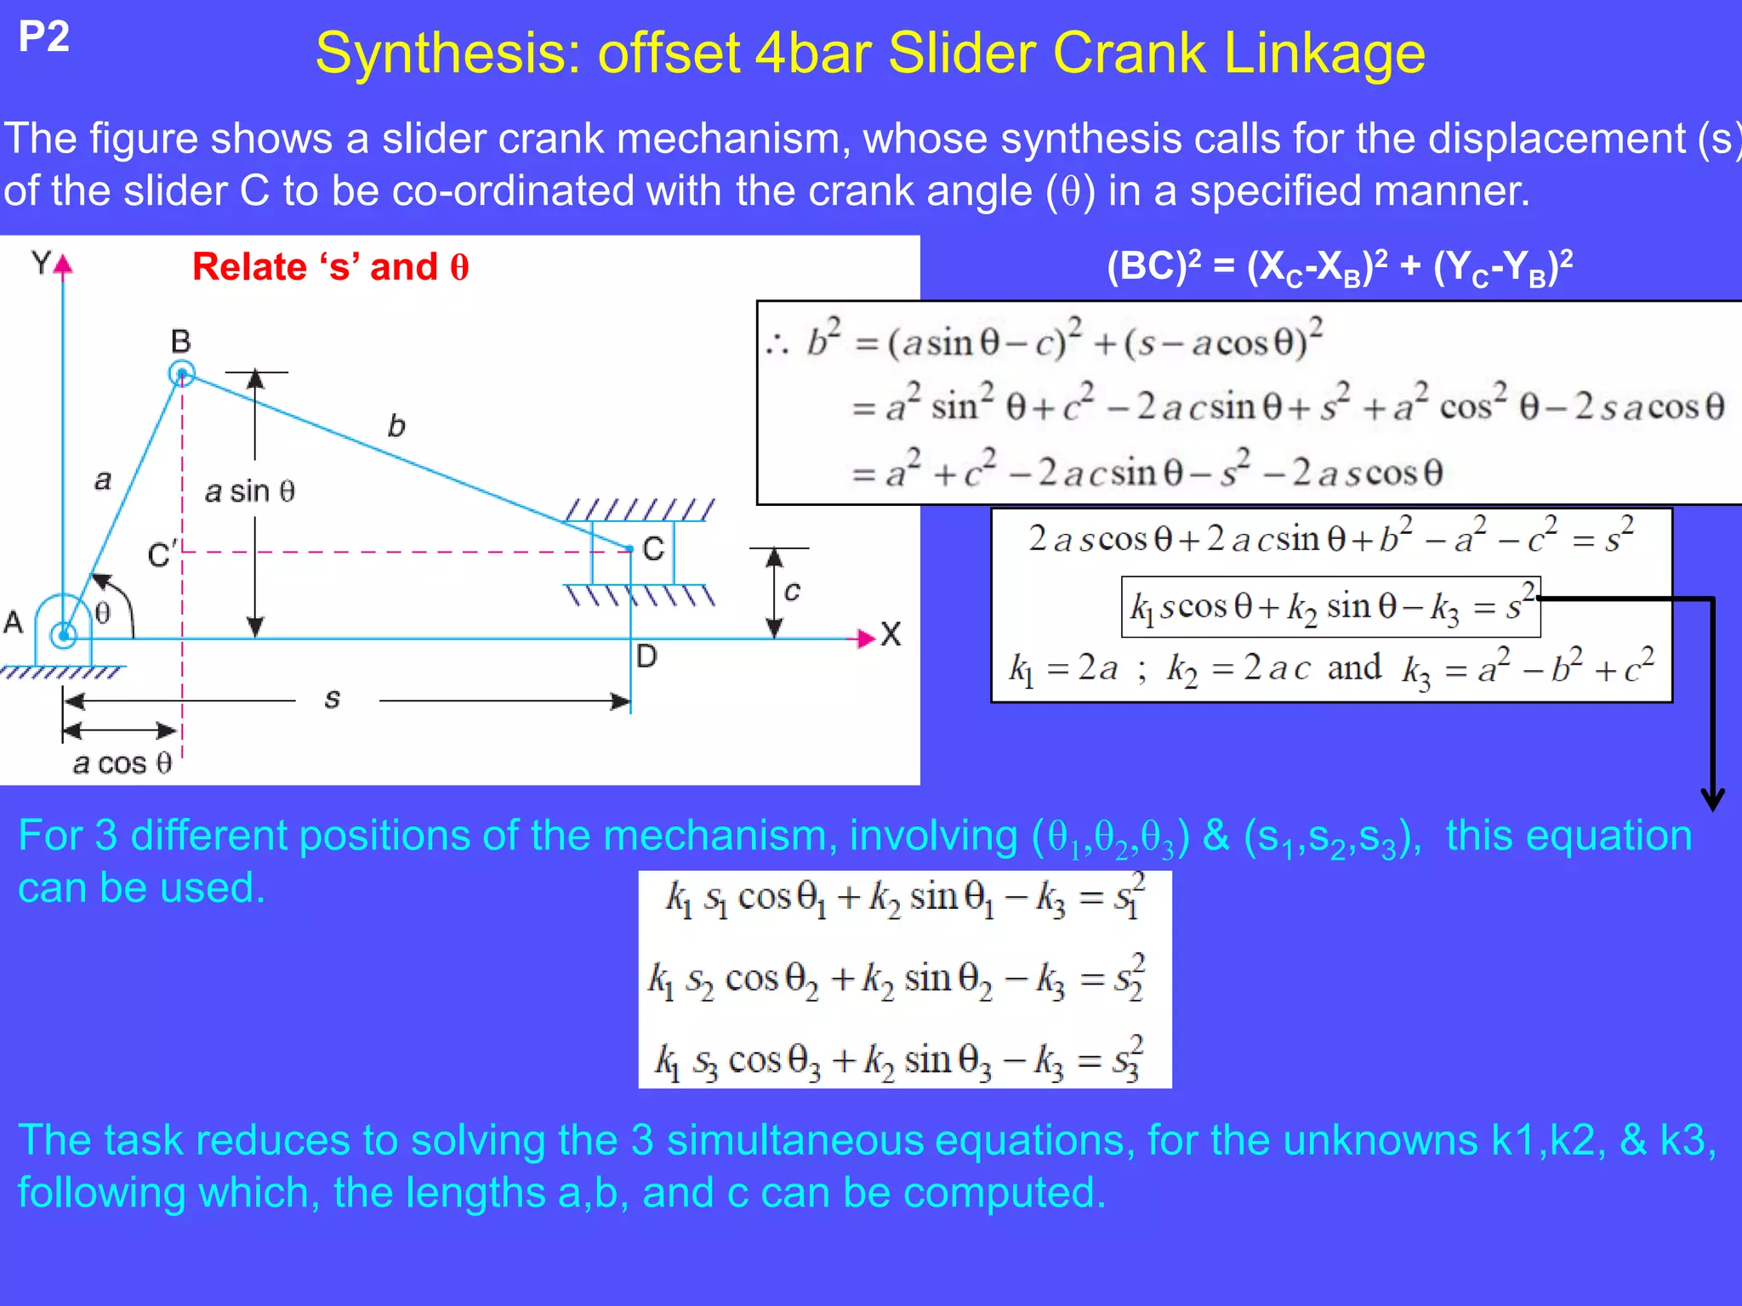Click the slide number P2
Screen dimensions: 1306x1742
43,37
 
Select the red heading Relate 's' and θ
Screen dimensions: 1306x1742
330,267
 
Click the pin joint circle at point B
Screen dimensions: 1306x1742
181,373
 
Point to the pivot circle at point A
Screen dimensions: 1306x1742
63,634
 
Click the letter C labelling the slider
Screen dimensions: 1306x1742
653,549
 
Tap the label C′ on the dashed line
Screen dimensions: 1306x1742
162,554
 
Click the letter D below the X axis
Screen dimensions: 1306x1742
646,656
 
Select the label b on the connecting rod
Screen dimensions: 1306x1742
396,426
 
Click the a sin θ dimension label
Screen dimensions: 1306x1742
250,491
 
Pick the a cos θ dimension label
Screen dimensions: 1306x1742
122,764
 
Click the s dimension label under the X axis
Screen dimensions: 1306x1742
333,699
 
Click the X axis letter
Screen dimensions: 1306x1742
891,635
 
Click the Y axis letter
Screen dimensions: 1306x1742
41,263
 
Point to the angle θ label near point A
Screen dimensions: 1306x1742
102,613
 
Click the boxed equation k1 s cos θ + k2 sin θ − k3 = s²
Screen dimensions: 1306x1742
1330,607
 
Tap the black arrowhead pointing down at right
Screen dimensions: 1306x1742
1712,798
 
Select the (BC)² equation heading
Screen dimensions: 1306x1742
1340,268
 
